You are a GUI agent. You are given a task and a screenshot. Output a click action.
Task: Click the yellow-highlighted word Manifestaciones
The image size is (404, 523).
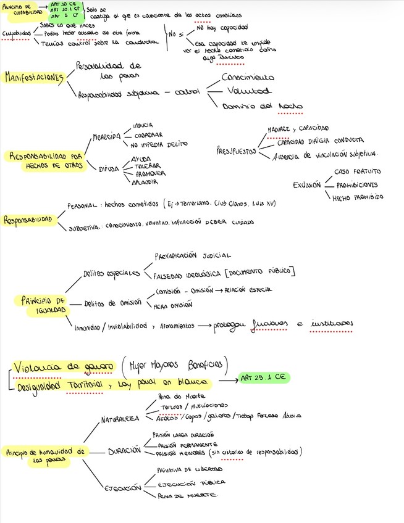35,77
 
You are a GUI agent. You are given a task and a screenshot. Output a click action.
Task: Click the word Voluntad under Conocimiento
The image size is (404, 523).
249,91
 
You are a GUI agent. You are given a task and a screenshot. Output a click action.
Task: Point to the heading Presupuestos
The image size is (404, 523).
235,150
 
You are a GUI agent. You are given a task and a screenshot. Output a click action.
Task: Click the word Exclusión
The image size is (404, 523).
307,184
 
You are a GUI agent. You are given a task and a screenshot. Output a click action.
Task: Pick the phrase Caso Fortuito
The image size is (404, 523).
358,171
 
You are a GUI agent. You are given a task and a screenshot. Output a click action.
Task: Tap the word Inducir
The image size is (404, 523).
143,125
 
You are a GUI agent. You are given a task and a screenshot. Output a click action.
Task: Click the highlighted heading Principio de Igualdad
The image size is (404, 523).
43,304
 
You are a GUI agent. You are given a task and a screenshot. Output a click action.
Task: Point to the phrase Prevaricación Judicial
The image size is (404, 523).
192,254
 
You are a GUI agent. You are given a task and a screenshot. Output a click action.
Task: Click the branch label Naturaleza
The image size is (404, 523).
120,420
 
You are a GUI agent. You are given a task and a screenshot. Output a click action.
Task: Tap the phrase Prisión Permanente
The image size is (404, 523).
187,444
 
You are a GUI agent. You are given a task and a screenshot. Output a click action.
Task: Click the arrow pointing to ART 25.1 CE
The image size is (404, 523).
222,381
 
